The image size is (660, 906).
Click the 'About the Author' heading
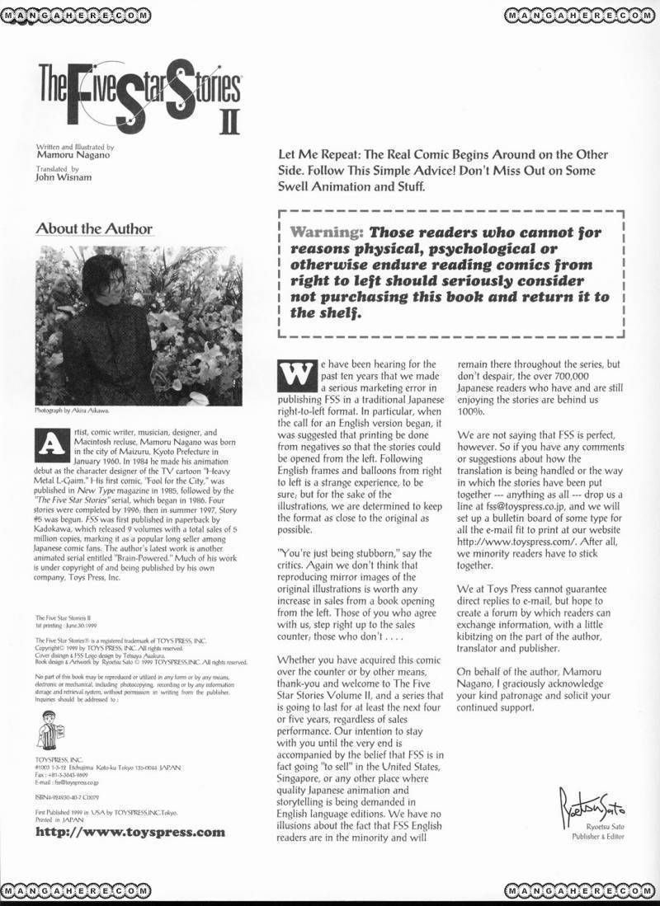[x=94, y=228]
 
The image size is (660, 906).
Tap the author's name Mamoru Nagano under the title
[x=73, y=155]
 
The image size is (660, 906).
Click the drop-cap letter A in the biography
[x=49, y=444]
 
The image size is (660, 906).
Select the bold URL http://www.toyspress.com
[x=131, y=832]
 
